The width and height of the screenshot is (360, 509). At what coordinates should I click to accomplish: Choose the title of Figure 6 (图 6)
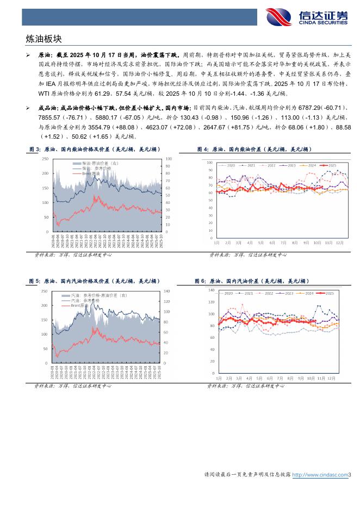[x=251, y=281]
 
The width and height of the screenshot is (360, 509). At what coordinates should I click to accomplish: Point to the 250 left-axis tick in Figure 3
[x=45, y=158]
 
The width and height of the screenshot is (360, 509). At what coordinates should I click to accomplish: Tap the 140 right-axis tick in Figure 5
[x=167, y=291]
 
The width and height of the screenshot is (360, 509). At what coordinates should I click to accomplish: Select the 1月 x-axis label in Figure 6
[x=218, y=377]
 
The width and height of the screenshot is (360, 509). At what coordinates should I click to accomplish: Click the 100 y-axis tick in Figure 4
[x=210, y=162]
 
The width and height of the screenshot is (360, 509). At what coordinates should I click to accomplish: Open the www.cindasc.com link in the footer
[x=320, y=475]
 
